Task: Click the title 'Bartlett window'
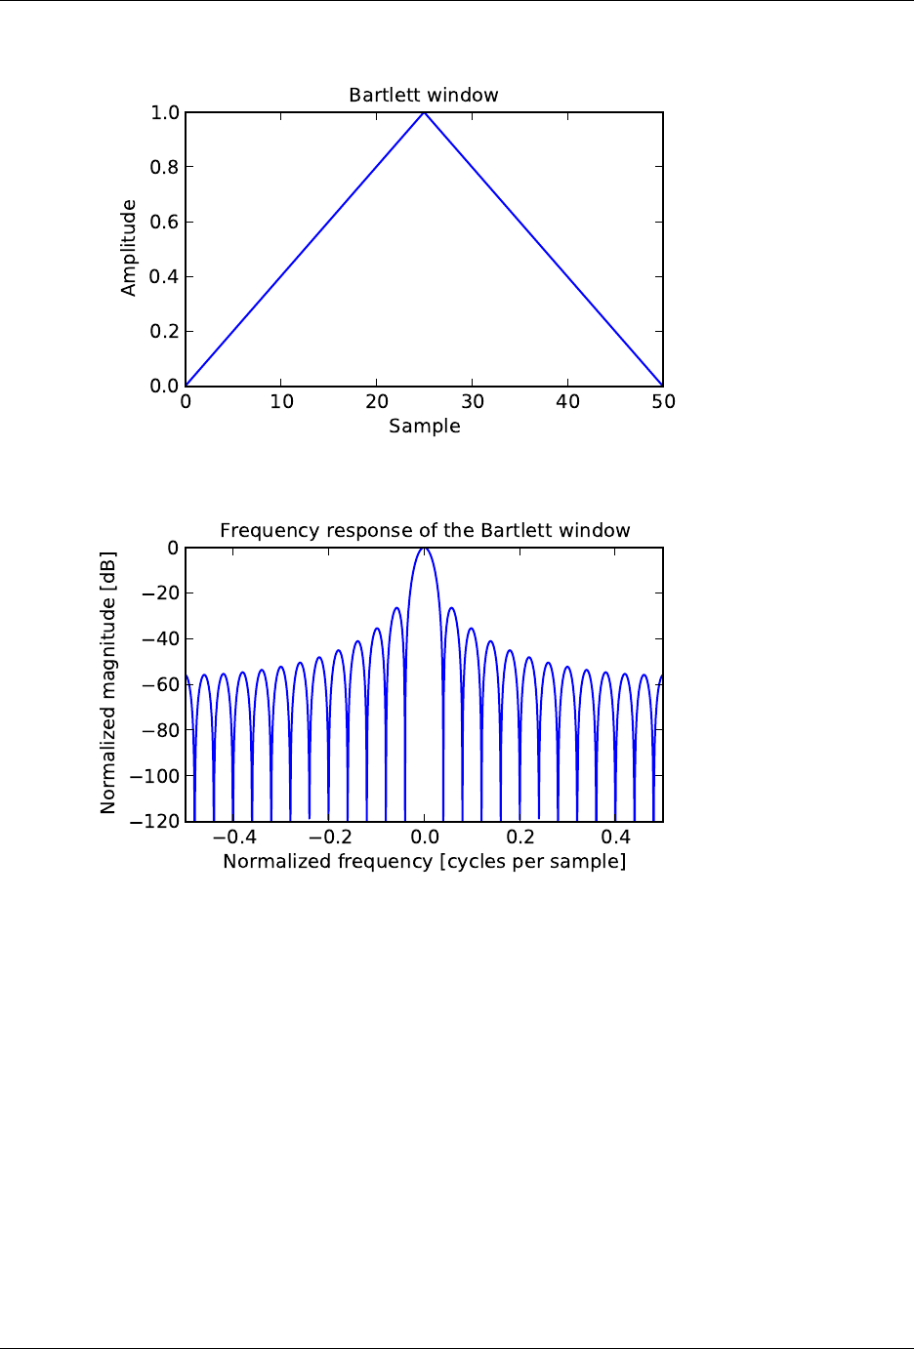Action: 424,96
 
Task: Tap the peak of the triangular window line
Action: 424,112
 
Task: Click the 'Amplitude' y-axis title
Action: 129,248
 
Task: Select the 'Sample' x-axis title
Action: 424,427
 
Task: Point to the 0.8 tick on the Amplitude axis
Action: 164,168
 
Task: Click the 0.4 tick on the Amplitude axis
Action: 164,277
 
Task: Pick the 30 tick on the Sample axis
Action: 473,401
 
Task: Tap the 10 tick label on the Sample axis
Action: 281,401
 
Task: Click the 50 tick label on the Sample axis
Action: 663,401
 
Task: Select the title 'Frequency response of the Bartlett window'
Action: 424,531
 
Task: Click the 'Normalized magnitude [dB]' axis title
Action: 108,683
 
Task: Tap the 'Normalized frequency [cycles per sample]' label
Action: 424,862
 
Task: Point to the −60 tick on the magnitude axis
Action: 160,685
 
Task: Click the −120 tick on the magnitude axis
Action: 156,822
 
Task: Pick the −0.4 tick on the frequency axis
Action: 234,838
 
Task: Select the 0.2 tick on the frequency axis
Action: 520,838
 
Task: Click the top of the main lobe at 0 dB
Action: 424,549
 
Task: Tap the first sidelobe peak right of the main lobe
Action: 451,608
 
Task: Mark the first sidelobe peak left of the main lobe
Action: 396,608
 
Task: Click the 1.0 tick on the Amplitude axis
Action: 164,113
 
